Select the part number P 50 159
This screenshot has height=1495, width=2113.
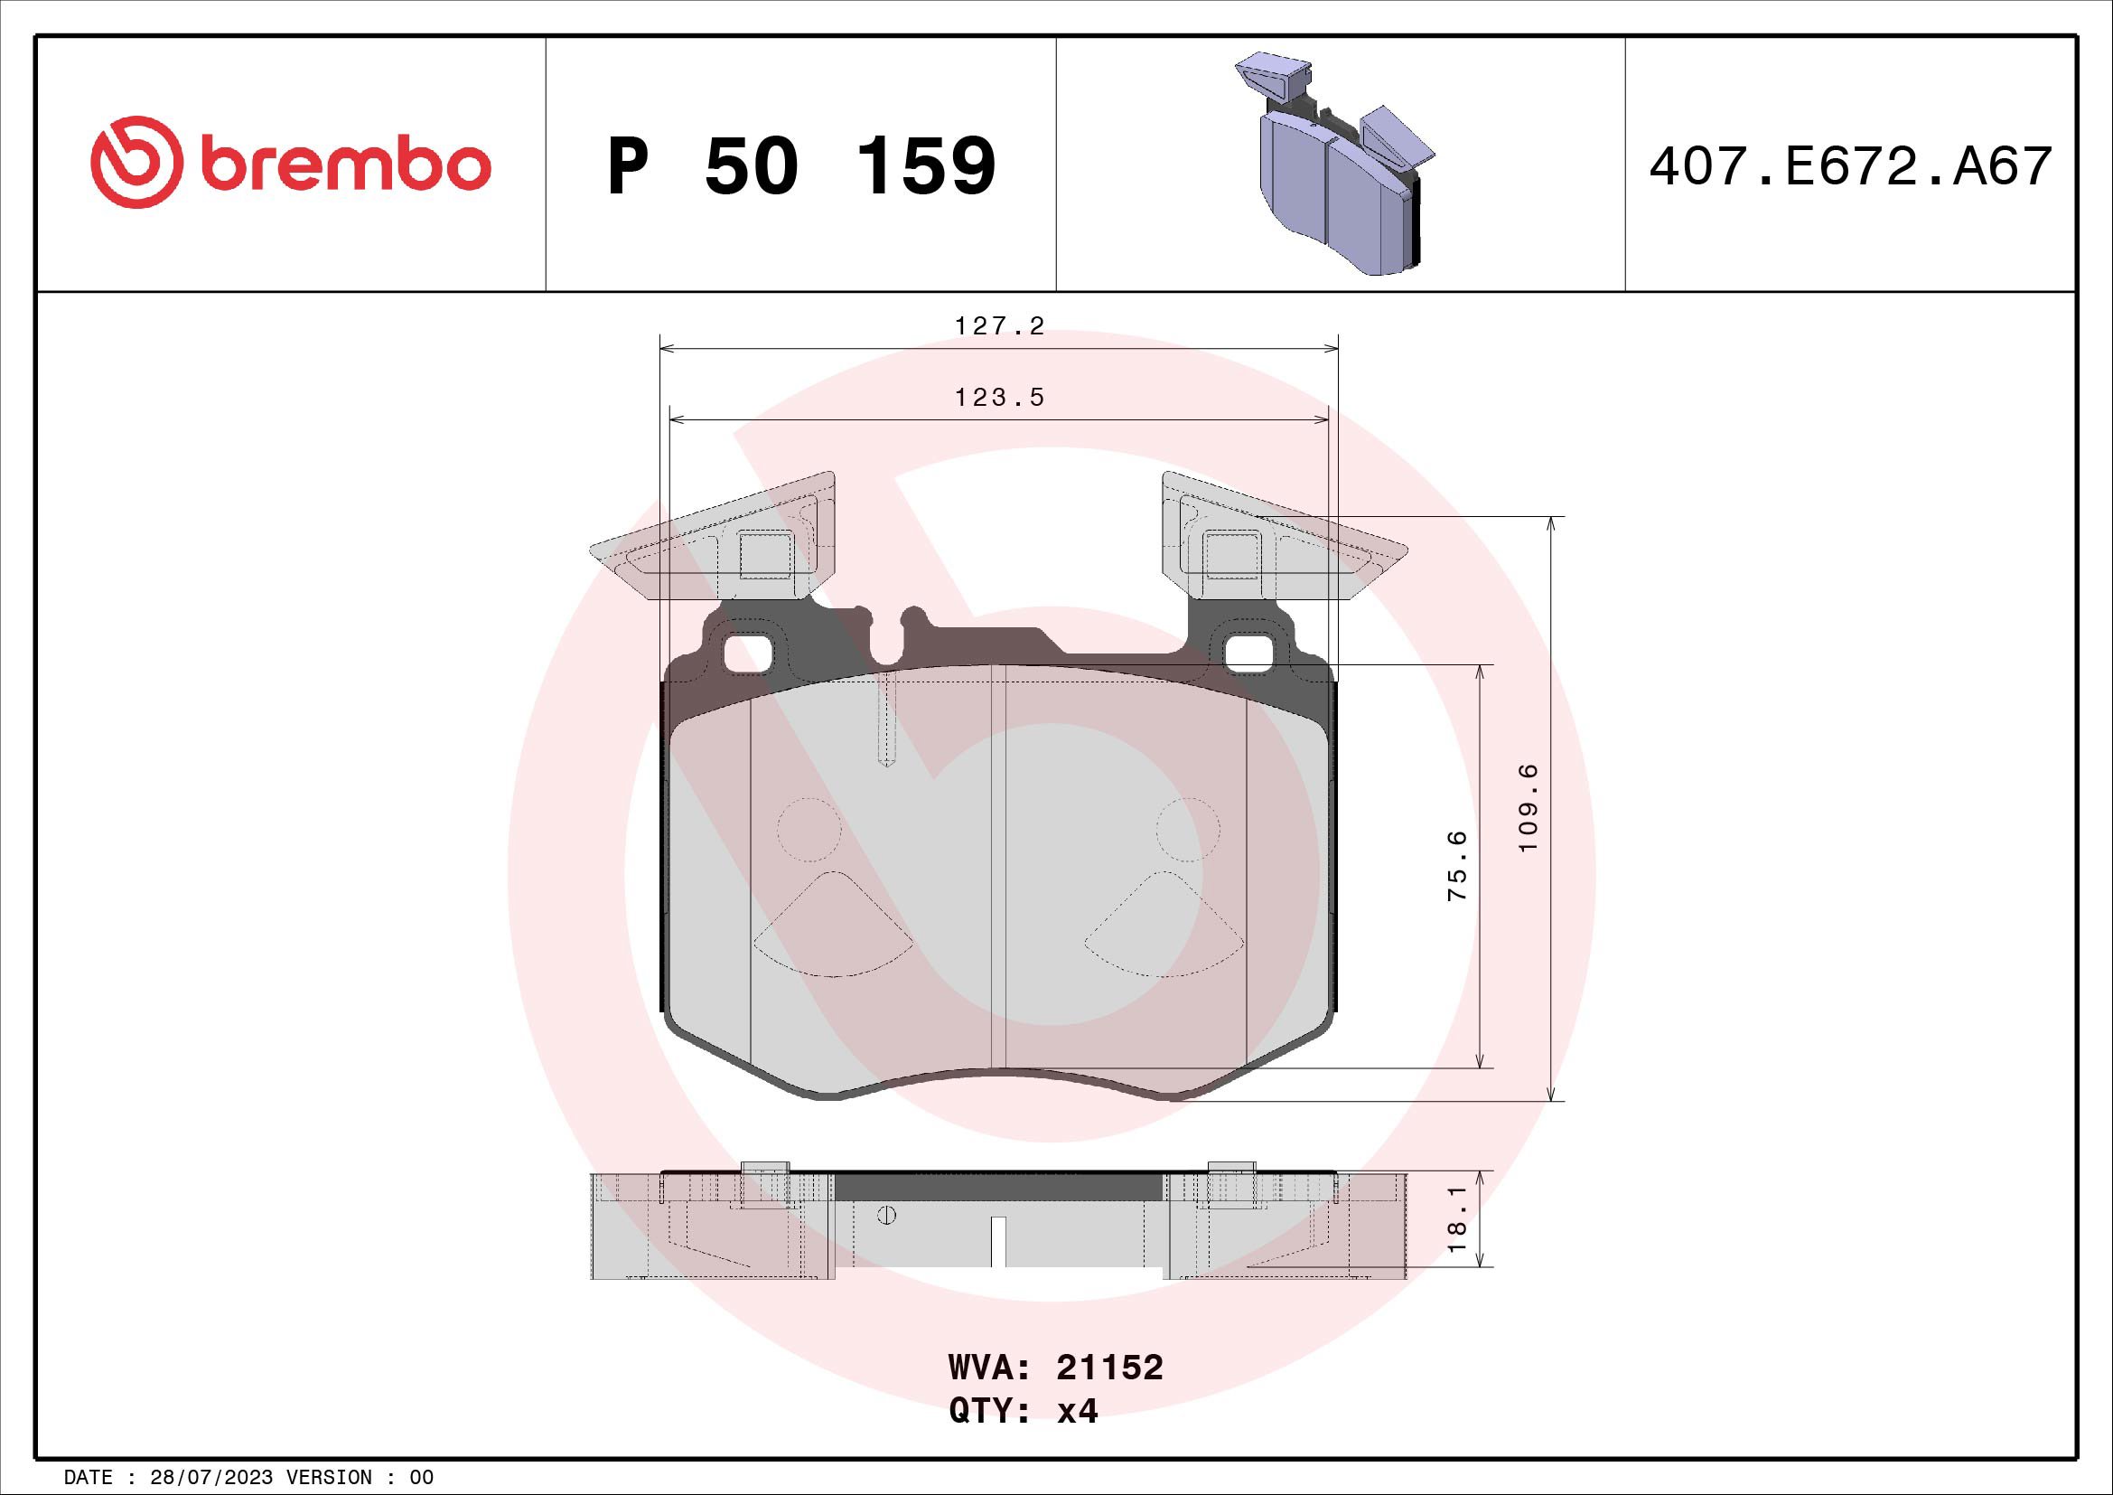[801, 165]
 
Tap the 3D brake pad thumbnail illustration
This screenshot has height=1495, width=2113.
[1334, 165]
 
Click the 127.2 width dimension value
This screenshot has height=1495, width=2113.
[999, 326]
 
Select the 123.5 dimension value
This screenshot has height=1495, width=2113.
[999, 398]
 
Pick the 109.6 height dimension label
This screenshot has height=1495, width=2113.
[1529, 808]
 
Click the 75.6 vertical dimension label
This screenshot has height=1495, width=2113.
[1457, 865]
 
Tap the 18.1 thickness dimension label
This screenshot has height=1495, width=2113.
[1457, 1218]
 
